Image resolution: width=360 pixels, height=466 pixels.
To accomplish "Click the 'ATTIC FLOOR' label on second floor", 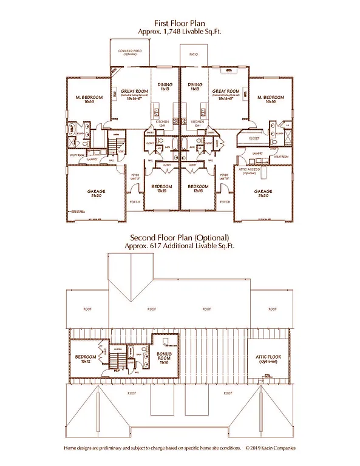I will click(x=265, y=357).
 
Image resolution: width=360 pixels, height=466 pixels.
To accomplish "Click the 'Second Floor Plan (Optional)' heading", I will click(x=180, y=237).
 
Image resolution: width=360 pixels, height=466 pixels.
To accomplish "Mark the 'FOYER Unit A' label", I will click(x=135, y=177).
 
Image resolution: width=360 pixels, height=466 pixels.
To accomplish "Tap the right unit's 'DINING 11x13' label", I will click(x=195, y=86).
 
